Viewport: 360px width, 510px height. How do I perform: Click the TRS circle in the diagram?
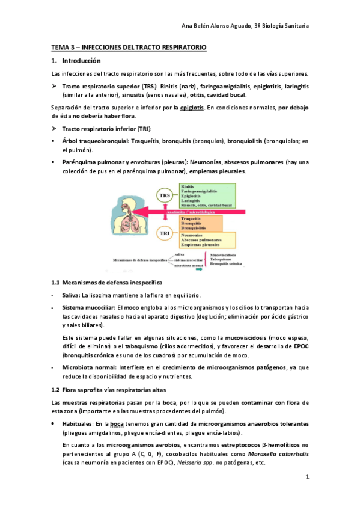164,196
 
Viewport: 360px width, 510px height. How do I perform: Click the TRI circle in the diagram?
164,233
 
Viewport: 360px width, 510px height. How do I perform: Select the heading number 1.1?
56,283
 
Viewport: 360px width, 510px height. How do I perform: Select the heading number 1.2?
56,390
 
